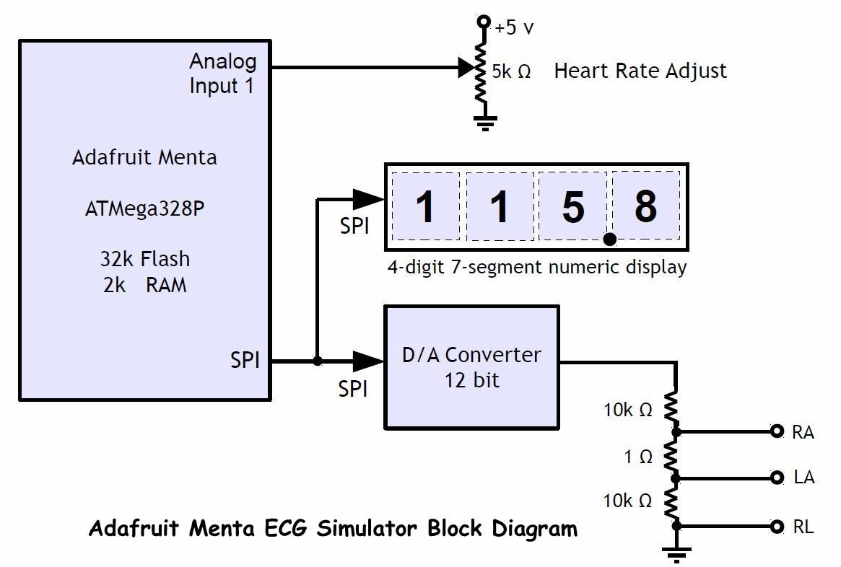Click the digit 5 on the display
(x=572, y=207)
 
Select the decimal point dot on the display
(x=610, y=239)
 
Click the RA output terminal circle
(x=777, y=431)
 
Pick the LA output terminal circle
(x=777, y=478)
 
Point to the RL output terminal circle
(x=777, y=527)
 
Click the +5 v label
(x=514, y=28)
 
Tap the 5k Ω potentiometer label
(x=511, y=71)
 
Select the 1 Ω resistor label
(x=638, y=457)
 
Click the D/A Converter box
(x=471, y=367)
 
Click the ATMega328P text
(x=144, y=208)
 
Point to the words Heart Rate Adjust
(x=640, y=71)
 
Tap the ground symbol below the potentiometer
(x=485, y=123)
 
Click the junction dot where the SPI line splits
(x=317, y=360)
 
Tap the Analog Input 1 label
(x=222, y=73)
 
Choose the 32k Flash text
(x=144, y=258)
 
